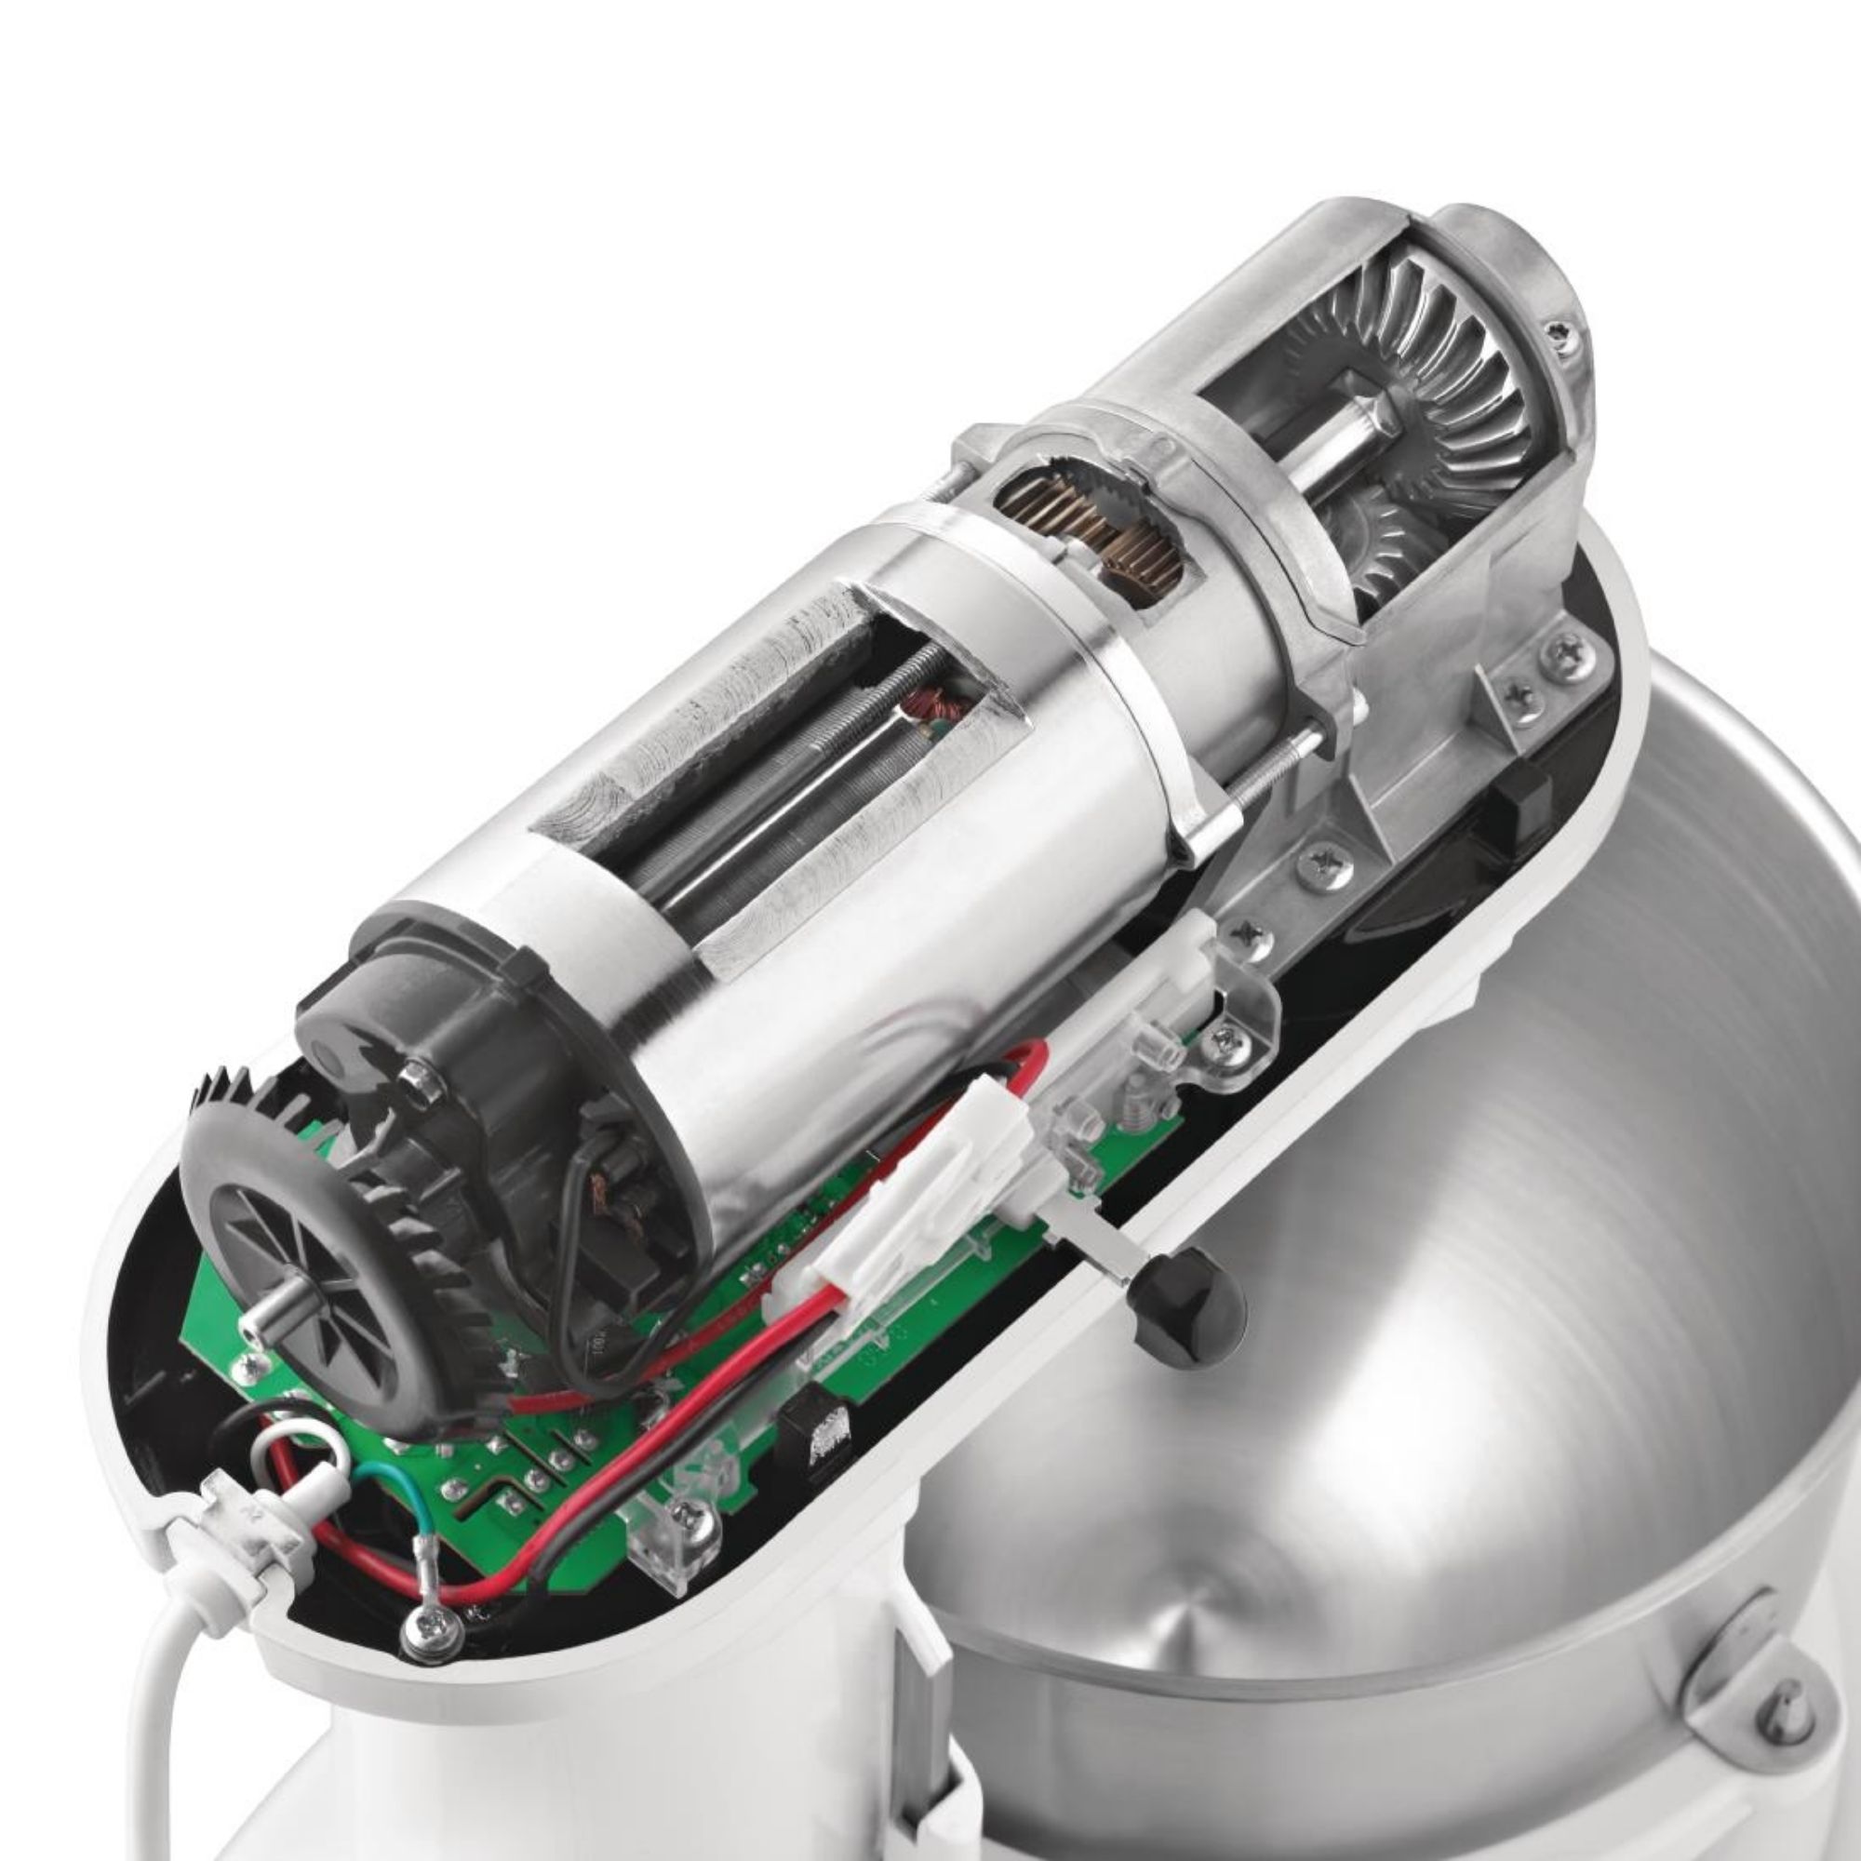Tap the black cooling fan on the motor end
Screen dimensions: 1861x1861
coord(289,1242)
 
